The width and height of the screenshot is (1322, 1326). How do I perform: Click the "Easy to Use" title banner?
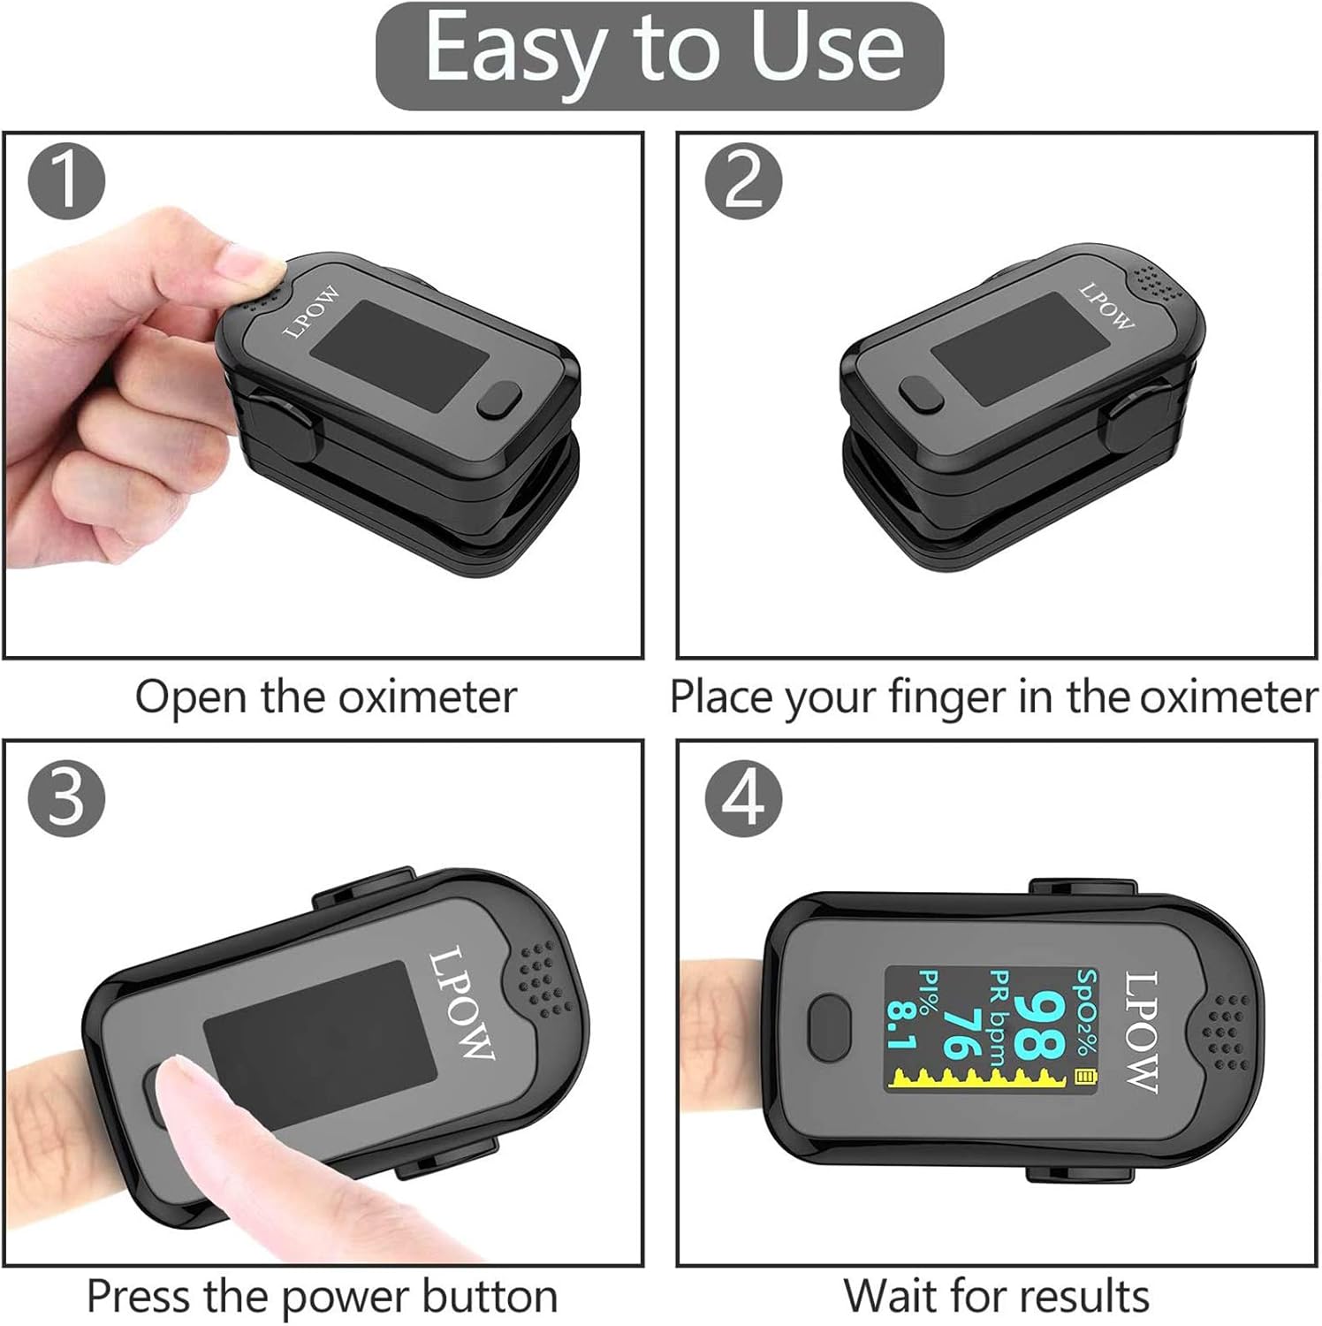pyautogui.click(x=660, y=55)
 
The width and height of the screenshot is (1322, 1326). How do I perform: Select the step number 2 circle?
pyautogui.click(x=743, y=181)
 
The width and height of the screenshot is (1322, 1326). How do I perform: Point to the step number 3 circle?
pyautogui.click(x=67, y=797)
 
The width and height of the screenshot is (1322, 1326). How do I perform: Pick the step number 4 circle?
pyautogui.click(x=743, y=797)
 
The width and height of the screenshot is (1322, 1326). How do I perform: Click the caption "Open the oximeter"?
pyautogui.click(x=325, y=697)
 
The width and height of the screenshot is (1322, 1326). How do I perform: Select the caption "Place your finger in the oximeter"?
pyautogui.click(x=994, y=697)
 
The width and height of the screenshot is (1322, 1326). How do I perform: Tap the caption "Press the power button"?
pyautogui.click(x=323, y=1297)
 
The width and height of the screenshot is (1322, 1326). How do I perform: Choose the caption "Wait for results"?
pyautogui.click(x=997, y=1297)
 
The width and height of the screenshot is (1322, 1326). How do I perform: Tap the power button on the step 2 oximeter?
pyautogui.click(x=921, y=393)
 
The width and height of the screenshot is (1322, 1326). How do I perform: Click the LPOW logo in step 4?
pyautogui.click(x=1141, y=1032)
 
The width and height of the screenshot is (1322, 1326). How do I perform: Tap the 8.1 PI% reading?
pyautogui.click(x=901, y=1025)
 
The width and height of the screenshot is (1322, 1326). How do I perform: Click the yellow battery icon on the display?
pyautogui.click(x=1084, y=1077)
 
